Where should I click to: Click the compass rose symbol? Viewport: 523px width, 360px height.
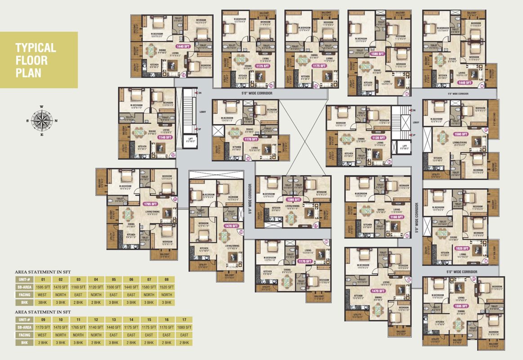[x=42, y=121]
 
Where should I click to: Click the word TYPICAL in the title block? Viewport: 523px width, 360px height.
[x=36, y=48]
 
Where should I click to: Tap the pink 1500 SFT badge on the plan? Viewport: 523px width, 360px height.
[x=377, y=54]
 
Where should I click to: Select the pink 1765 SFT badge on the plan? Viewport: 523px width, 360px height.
[x=150, y=204]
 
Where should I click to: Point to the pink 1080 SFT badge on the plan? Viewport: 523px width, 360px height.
[x=294, y=199]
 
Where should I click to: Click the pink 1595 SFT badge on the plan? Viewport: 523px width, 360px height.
[x=460, y=306]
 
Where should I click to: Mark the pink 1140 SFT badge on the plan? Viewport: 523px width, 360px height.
[x=165, y=137]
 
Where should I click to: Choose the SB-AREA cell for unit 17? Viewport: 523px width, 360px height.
[x=184, y=327]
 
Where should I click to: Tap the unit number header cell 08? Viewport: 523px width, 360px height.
[x=166, y=279]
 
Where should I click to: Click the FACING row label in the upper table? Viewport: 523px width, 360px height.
[x=25, y=295]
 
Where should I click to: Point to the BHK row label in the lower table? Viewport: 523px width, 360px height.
[x=25, y=343]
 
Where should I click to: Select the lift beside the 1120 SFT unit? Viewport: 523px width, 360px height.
[x=404, y=146]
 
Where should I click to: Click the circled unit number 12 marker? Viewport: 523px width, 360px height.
[x=173, y=155]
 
